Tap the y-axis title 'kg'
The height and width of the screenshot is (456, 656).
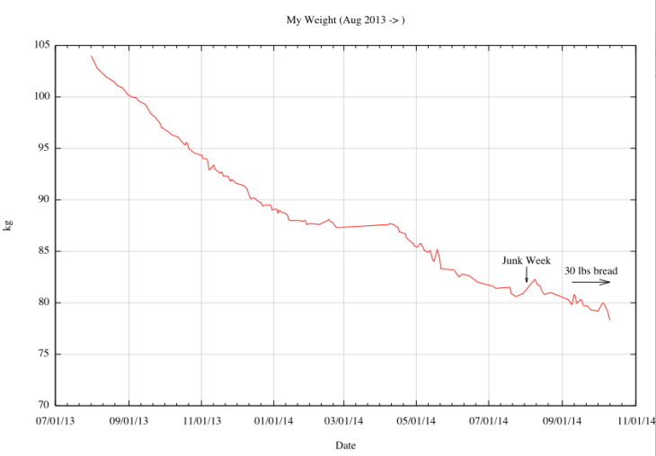tap(10, 225)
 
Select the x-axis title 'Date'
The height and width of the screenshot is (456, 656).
tap(346, 445)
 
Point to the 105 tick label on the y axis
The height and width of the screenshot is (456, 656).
tap(40, 46)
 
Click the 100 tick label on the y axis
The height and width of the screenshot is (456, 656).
tap(40, 97)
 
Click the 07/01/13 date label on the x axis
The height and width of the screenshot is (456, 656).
tap(57, 419)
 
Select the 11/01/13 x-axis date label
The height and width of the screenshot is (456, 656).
tap(201, 419)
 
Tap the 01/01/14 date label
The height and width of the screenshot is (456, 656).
tap(273, 419)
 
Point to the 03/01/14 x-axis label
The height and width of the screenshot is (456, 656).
tap(344, 419)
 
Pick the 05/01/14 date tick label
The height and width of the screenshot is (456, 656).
tap(417, 419)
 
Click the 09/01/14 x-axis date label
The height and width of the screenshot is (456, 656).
tap(563, 419)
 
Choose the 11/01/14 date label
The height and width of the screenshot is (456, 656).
tap(634, 419)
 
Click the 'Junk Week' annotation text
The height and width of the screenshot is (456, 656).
tap(526, 260)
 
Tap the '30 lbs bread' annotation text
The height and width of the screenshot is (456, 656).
tap(591, 270)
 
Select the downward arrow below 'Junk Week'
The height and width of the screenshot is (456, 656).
tap(527, 276)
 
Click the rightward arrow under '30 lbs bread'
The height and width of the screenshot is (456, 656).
tap(591, 282)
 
